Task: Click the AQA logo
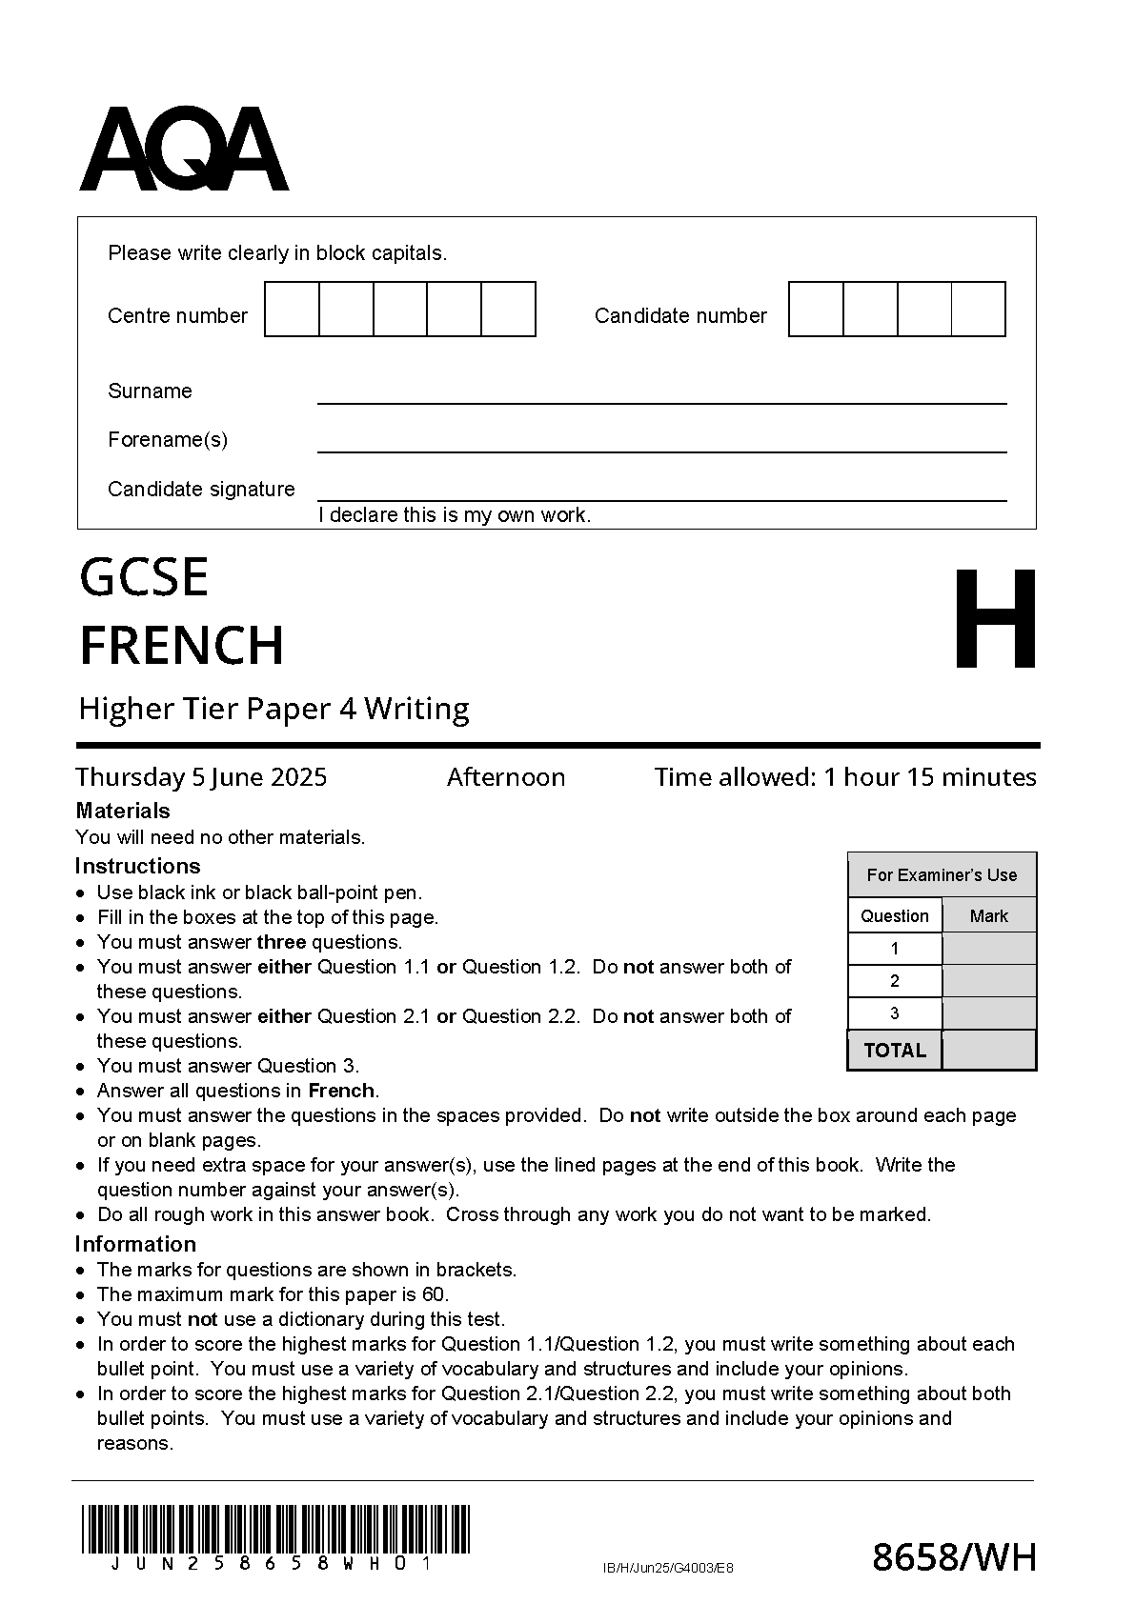click(x=183, y=150)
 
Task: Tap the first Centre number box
click(x=292, y=309)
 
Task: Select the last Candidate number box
click(x=978, y=309)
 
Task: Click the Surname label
click(x=150, y=391)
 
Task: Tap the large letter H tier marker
click(x=995, y=620)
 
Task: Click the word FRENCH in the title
click(x=181, y=645)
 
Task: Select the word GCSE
click(x=144, y=577)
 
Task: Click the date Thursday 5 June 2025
click(x=201, y=777)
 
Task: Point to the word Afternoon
click(x=506, y=777)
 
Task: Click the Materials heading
click(x=122, y=811)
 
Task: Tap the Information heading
click(x=135, y=1244)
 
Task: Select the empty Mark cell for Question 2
click(x=988, y=981)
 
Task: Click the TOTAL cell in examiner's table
click(x=894, y=1051)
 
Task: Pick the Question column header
click(x=894, y=916)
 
